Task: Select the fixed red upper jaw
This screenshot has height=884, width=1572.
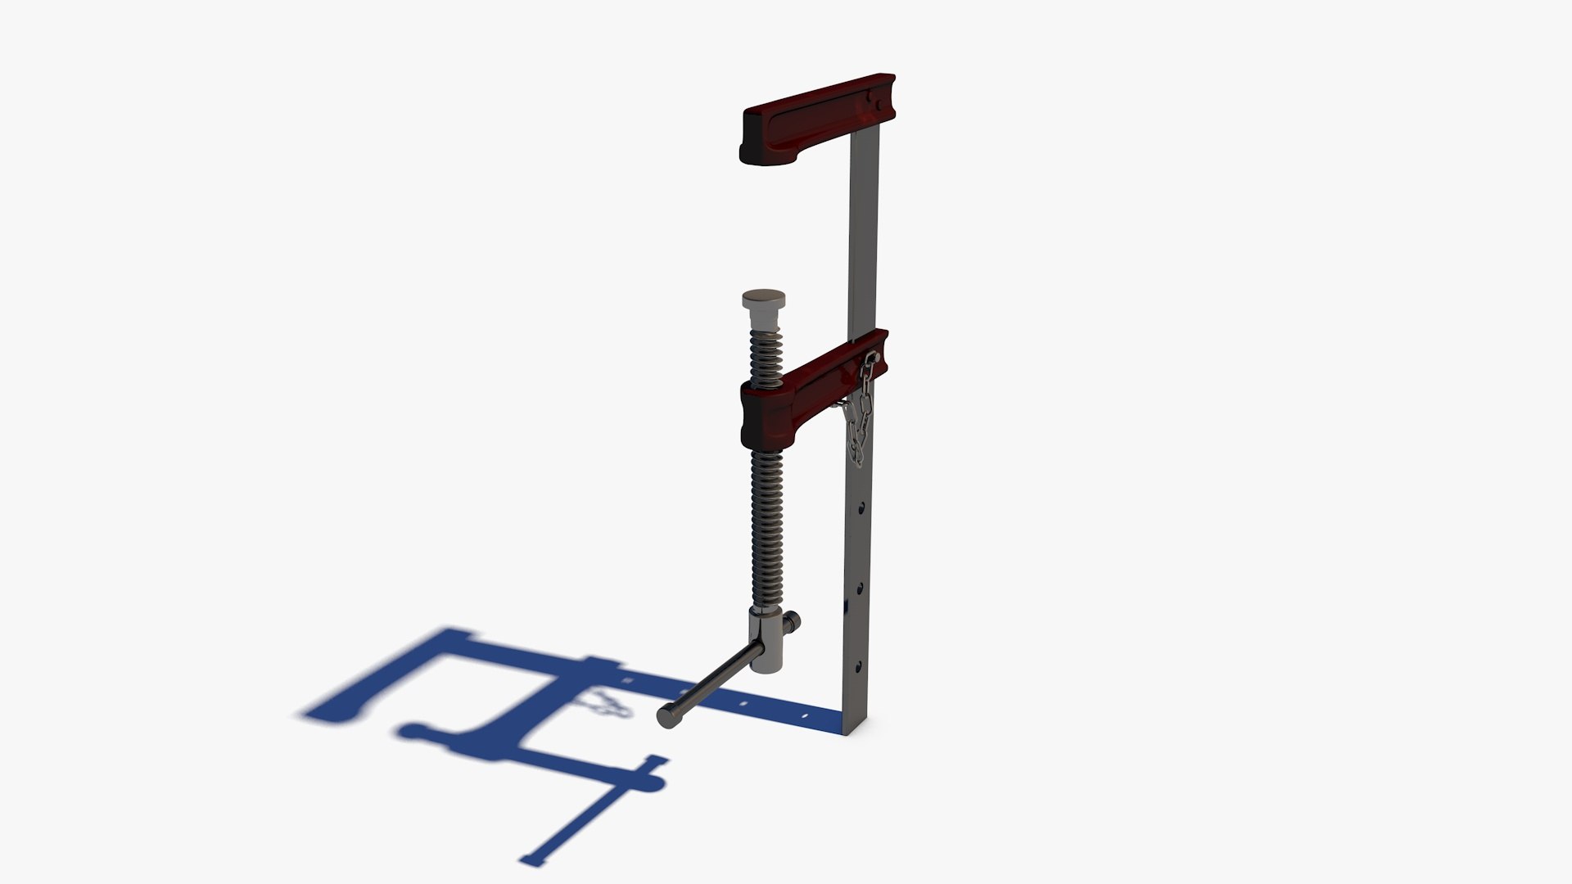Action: [x=811, y=119]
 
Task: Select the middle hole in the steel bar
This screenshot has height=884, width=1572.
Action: [x=859, y=588]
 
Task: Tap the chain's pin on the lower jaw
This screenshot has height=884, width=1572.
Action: [x=874, y=358]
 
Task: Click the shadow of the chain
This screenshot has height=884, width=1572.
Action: [x=606, y=703]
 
